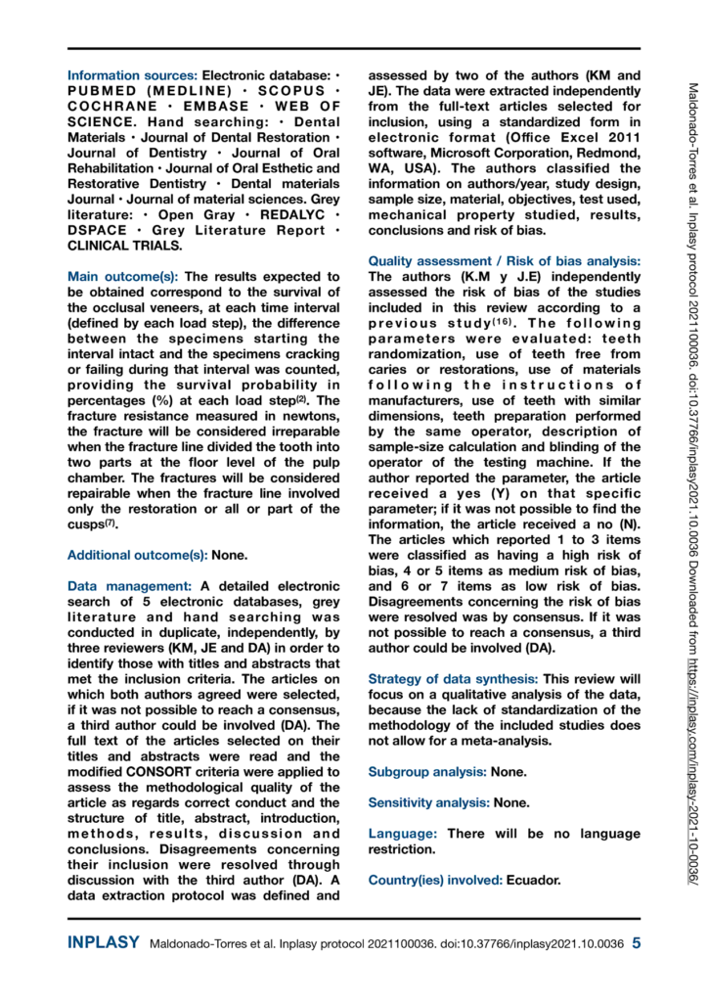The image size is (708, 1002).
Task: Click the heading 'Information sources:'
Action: click(132, 74)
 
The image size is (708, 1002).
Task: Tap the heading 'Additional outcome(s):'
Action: click(136, 555)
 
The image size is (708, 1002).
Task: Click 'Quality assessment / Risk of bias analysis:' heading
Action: click(505, 261)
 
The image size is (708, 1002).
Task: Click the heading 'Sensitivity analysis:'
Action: click(432, 802)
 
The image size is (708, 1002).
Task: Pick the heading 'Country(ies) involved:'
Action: click(435, 880)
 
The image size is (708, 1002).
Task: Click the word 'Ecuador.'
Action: click(534, 880)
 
